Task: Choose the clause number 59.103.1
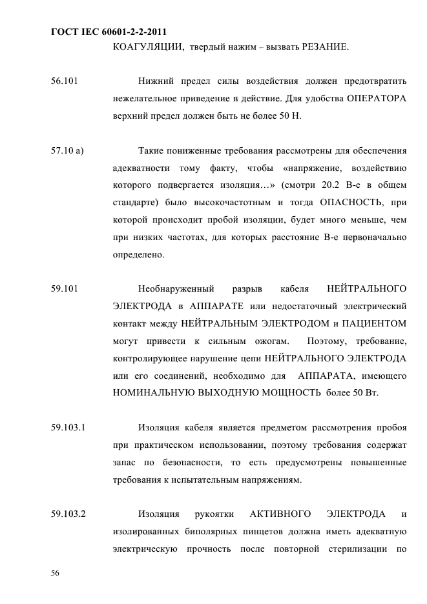[x=68, y=427]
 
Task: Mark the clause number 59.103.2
[x=68, y=514]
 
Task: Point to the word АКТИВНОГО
[x=280, y=514]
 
